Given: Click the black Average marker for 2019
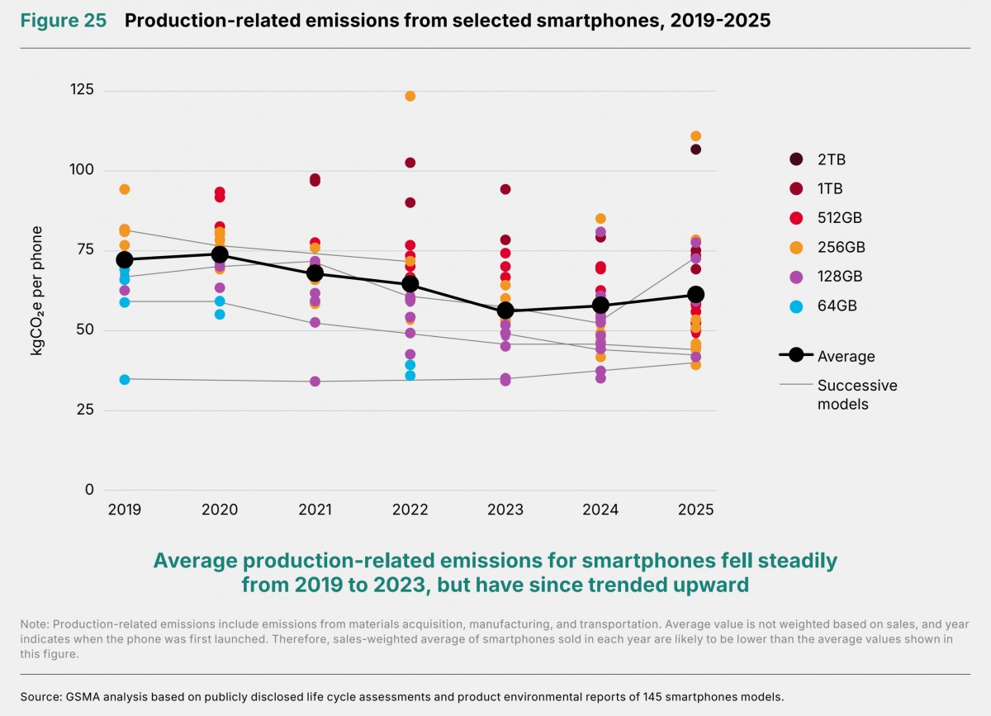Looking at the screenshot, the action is [125, 260].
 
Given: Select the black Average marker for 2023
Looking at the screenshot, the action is [505, 311].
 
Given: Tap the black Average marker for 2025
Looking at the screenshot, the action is [695, 294].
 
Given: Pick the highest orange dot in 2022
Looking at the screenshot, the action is [410, 96].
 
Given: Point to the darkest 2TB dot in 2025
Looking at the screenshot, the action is [695, 149].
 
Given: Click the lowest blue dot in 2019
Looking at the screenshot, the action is [125, 380].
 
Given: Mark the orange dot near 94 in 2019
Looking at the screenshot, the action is [125, 189].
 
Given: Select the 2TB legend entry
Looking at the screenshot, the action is [818, 159].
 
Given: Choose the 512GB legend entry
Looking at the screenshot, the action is [826, 218].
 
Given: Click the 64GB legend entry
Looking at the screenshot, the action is [823, 306].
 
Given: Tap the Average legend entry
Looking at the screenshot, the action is [827, 355].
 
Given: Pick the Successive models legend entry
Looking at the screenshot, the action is [838, 394].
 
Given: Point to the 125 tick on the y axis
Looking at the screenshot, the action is [83, 90].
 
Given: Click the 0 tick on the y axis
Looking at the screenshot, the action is [89, 490].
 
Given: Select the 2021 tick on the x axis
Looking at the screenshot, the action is [315, 510].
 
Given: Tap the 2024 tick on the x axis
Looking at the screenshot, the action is [600, 510].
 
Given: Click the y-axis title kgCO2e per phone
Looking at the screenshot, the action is [36, 291].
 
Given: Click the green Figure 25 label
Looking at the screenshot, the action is [64, 21].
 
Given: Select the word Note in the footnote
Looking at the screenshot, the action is [35, 624].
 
